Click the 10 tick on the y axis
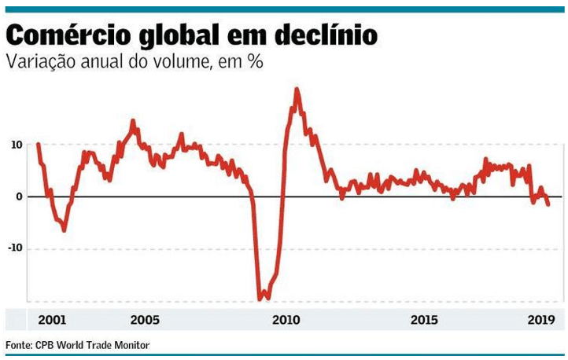[x=16, y=145]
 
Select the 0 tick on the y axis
[x=19, y=197]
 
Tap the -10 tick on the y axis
[x=14, y=248]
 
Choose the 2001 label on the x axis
[x=53, y=320]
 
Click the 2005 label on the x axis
[x=145, y=320]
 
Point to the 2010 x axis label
[x=286, y=320]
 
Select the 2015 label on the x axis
[x=424, y=320]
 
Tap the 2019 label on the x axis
[x=542, y=320]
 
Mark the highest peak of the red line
[x=297, y=89]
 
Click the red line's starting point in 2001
[x=39, y=144]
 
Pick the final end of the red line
[x=548, y=204]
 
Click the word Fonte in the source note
[x=20, y=345]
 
